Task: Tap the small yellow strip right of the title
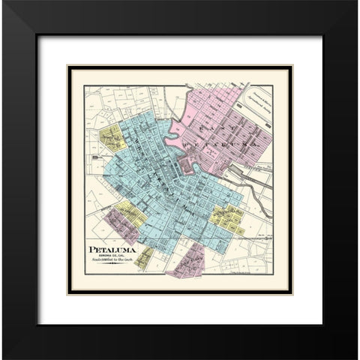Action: (144, 257)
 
